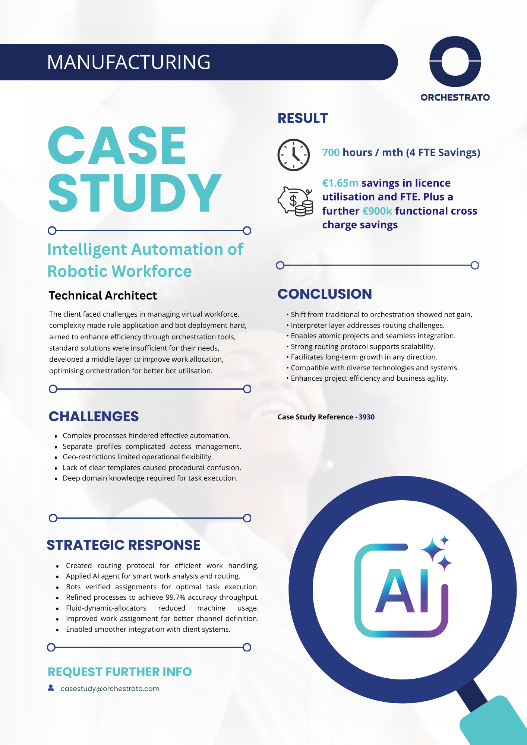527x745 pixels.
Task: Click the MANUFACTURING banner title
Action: [x=129, y=62]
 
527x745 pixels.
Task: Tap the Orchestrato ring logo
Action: [x=455, y=61]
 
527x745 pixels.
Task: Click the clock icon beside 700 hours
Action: [x=294, y=155]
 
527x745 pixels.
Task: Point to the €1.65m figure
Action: [x=340, y=183]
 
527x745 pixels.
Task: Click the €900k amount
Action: [x=377, y=211]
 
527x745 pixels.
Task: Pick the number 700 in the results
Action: [x=331, y=153]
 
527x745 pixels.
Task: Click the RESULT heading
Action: [x=303, y=118]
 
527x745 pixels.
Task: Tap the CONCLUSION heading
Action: [x=325, y=294]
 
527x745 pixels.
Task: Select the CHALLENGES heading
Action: [x=94, y=416]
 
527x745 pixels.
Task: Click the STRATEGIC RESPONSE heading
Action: [x=123, y=545]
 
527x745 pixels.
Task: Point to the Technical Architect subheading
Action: [x=102, y=295]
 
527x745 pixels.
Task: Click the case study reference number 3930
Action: [x=366, y=417]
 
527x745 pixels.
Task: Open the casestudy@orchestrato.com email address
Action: [x=110, y=689]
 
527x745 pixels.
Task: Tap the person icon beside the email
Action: [x=51, y=688]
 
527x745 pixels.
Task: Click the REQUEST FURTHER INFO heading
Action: [x=120, y=672]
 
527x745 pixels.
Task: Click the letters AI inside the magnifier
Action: [x=402, y=591]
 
